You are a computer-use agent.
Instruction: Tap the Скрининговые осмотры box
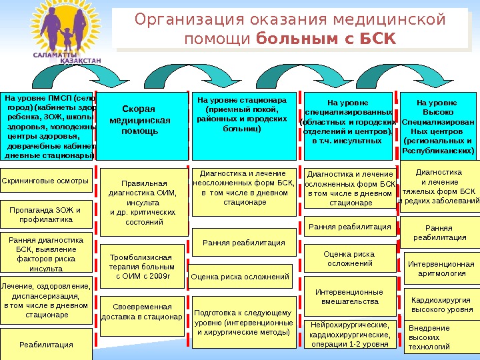pyautogui.click(x=47, y=181)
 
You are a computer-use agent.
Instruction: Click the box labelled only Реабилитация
pyautogui.click(x=47, y=345)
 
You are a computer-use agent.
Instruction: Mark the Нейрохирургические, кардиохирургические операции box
pyautogui.click(x=349, y=335)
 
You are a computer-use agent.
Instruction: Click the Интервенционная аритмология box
pyautogui.click(x=441, y=269)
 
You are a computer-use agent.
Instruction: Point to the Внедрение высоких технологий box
pyautogui.click(x=441, y=337)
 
